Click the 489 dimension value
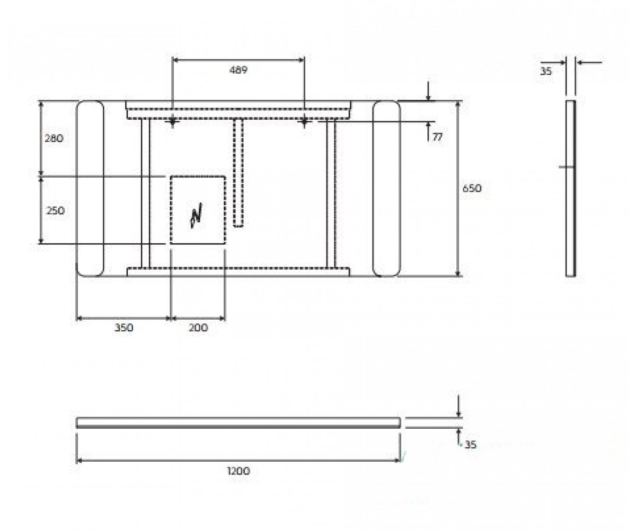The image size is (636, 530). pos(238,70)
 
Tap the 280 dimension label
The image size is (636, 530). pos(54,138)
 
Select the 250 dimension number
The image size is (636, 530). pos(55,210)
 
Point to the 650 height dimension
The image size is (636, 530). pos(472,189)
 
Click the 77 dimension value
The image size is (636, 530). pos(437,137)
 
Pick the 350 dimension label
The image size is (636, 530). pos(123,328)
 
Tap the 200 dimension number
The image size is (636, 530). pos(198,328)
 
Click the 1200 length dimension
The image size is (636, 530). pos(238,471)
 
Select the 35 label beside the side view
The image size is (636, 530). pos(545,71)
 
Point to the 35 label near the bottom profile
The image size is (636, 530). pos(470,445)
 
